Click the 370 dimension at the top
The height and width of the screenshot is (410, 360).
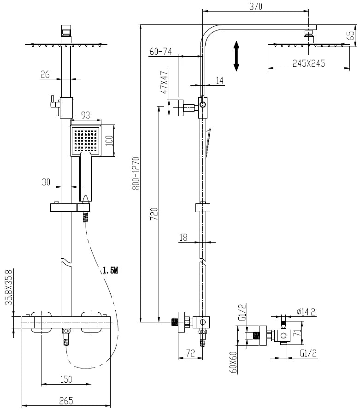point(256,6)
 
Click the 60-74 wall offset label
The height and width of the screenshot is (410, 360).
point(160,52)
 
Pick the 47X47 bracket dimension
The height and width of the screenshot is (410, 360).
point(164,82)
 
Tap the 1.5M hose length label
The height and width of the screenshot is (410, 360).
point(110,270)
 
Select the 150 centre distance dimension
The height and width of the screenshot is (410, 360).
point(66,379)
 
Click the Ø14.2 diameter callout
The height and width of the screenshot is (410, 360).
point(306,312)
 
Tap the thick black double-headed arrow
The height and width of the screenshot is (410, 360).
point(236,56)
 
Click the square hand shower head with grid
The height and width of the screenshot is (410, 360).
point(85,139)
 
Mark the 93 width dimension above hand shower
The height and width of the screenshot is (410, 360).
point(86,115)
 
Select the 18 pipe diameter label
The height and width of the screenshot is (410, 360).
point(183,237)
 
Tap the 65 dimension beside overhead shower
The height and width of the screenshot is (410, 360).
point(352,35)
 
